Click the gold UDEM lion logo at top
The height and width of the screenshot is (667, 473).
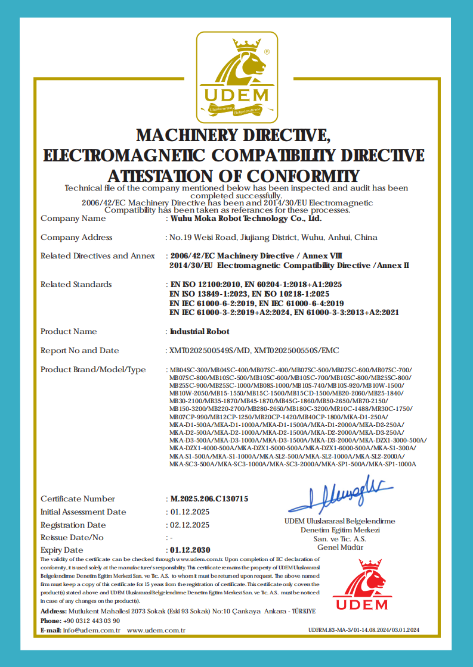(x=236, y=74)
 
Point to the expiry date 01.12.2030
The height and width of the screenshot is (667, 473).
(x=190, y=550)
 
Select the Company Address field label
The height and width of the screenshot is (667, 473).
(x=76, y=237)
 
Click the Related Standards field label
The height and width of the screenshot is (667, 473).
(x=76, y=284)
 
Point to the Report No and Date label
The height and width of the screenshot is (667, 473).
(x=79, y=350)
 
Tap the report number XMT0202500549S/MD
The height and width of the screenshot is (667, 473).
(x=206, y=350)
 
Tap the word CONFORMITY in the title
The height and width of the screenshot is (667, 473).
(x=304, y=176)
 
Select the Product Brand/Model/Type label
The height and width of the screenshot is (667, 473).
(x=93, y=369)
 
